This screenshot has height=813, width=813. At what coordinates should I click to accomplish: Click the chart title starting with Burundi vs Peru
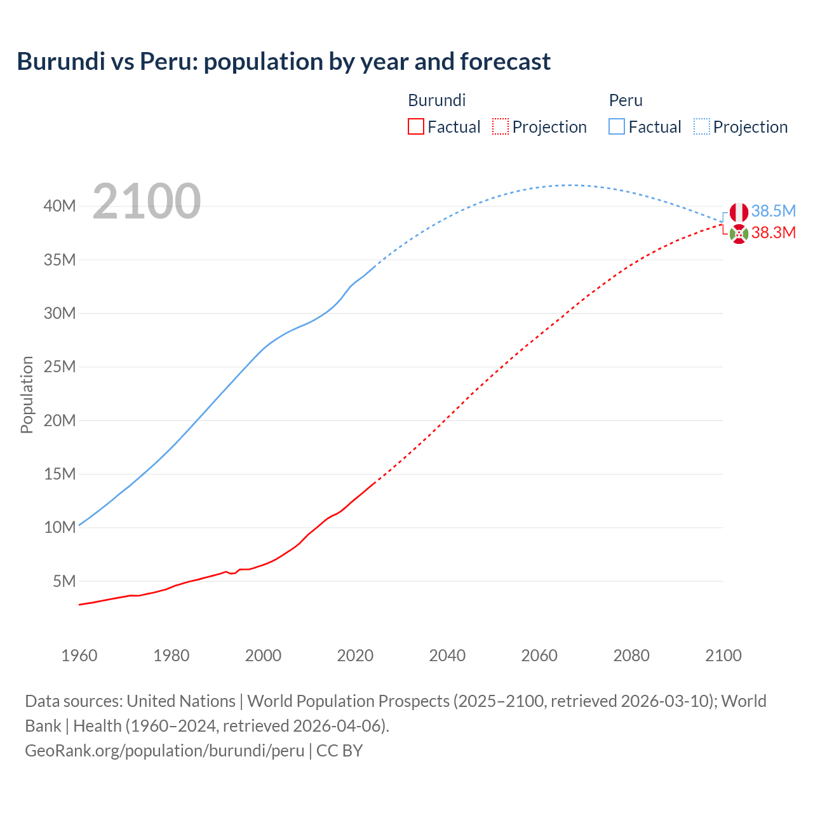[283, 62]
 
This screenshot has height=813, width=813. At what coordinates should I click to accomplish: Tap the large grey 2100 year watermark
[147, 201]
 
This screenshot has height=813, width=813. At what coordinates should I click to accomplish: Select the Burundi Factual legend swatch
[415, 126]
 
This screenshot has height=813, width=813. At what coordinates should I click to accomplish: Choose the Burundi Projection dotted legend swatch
[501, 126]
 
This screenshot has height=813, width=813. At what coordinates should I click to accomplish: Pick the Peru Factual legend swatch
[616, 126]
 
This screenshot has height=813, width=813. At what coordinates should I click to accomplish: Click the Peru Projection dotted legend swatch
[702, 126]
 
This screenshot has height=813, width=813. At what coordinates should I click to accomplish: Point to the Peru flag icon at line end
[739, 212]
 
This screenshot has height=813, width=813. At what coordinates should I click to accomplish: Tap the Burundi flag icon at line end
[739, 234]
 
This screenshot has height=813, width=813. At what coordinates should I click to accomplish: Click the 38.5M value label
[773, 211]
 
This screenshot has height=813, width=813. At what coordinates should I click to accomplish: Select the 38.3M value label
[773, 232]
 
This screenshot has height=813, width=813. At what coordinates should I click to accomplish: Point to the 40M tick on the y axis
[60, 206]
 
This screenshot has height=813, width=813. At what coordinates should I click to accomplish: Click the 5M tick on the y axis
[64, 581]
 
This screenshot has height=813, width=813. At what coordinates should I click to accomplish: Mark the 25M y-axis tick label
[60, 366]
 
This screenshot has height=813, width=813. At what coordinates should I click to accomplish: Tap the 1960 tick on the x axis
[79, 655]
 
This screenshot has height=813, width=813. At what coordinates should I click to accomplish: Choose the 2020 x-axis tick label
[355, 655]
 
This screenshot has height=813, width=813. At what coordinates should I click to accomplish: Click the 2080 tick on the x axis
[631, 655]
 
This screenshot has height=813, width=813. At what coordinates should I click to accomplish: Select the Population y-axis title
[27, 394]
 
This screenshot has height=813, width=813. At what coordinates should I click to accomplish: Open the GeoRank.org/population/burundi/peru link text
[165, 750]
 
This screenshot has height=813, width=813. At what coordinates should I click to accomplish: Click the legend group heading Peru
[626, 100]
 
